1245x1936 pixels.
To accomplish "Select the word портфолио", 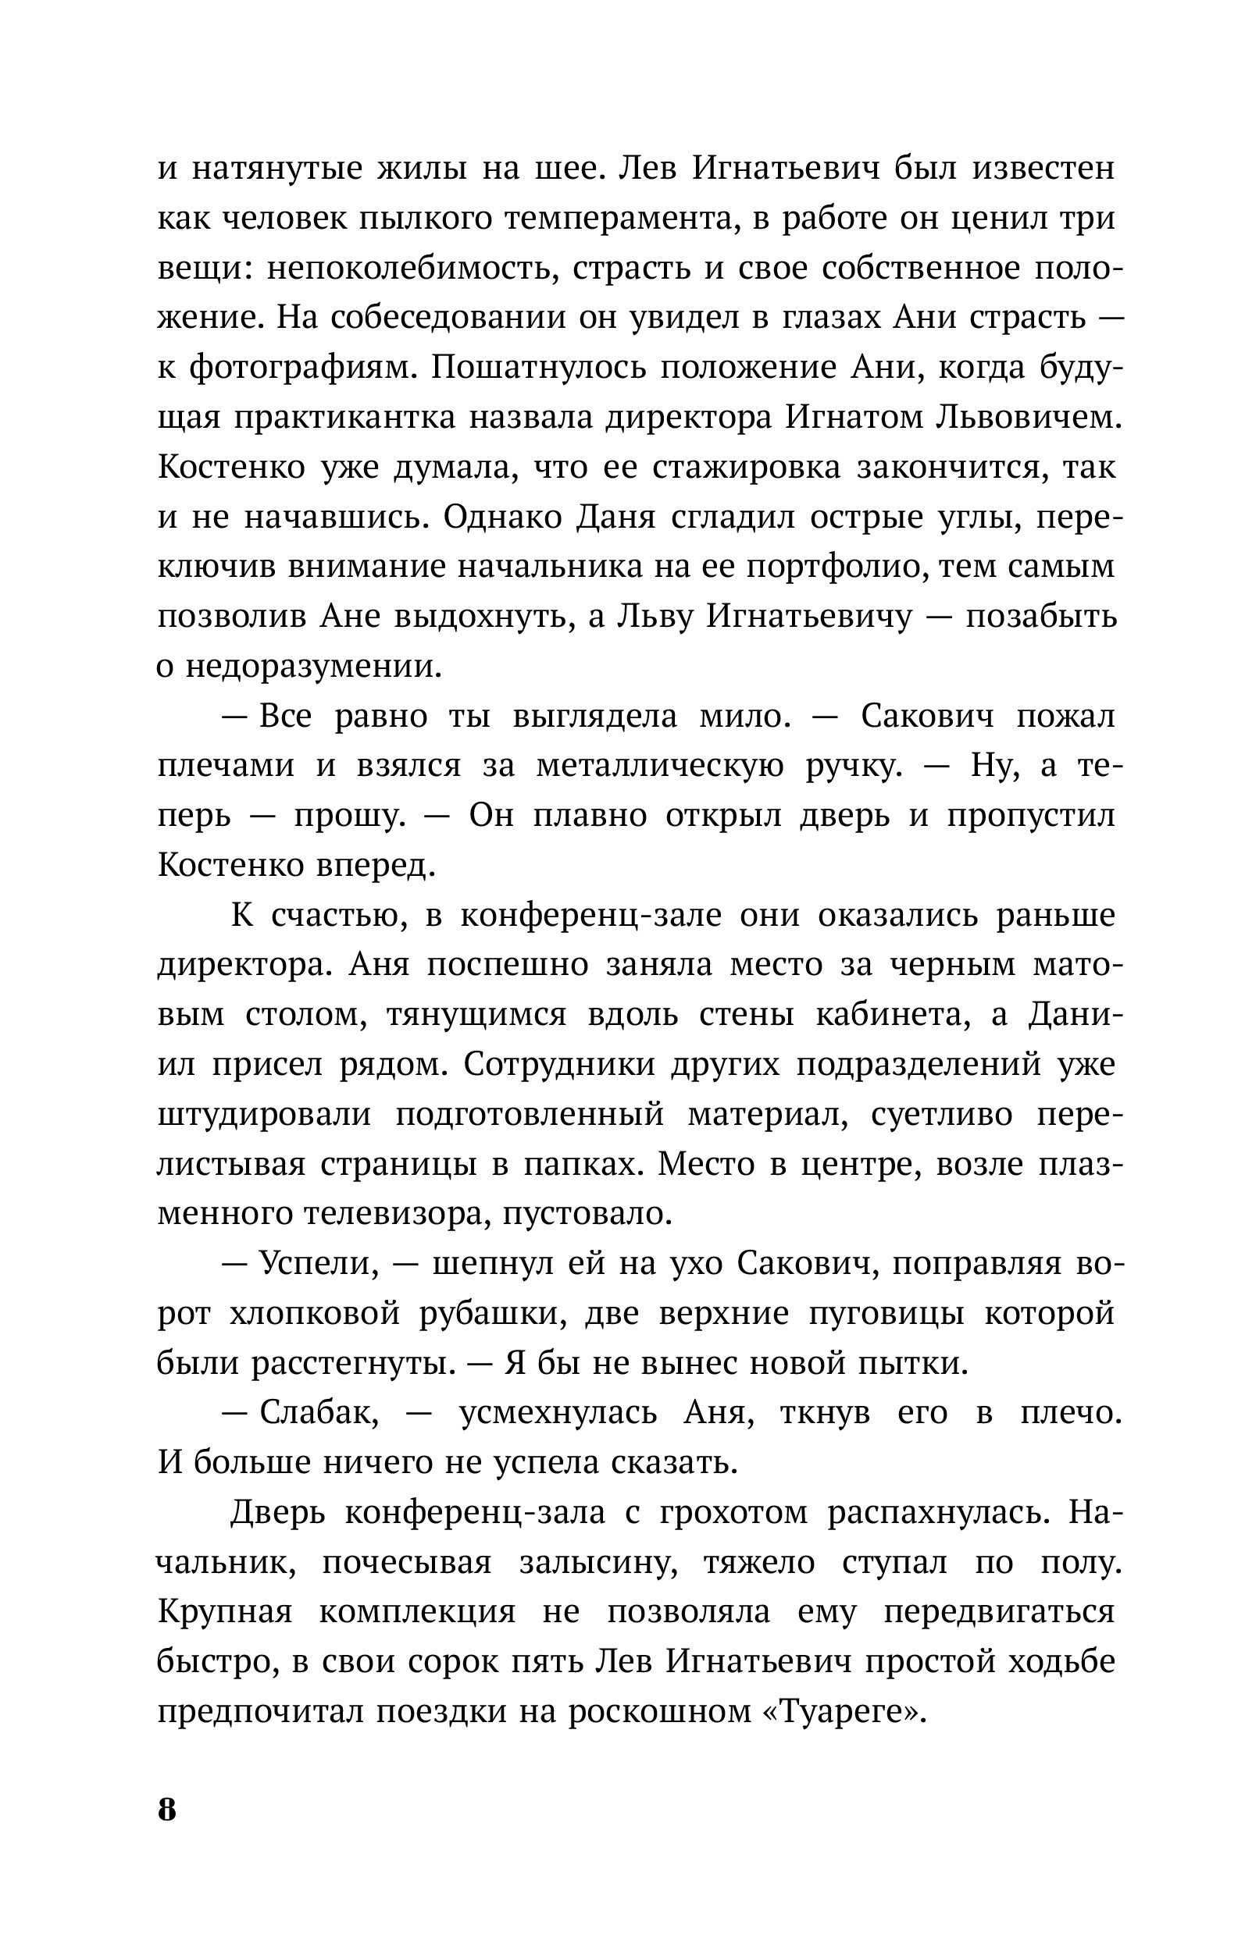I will (831, 568).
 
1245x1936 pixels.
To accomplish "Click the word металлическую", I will (660, 766).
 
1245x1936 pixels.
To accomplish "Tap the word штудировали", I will (263, 1115).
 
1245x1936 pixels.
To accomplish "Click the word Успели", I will (319, 1265).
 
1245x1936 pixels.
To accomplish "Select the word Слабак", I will (319, 1413).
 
